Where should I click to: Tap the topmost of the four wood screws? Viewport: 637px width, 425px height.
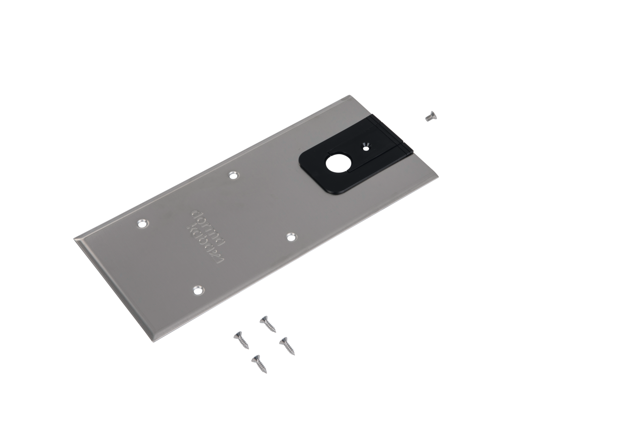click(x=268, y=324)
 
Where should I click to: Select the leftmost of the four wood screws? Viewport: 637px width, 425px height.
click(x=241, y=340)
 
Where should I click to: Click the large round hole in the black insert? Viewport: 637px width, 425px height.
click(x=335, y=165)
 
